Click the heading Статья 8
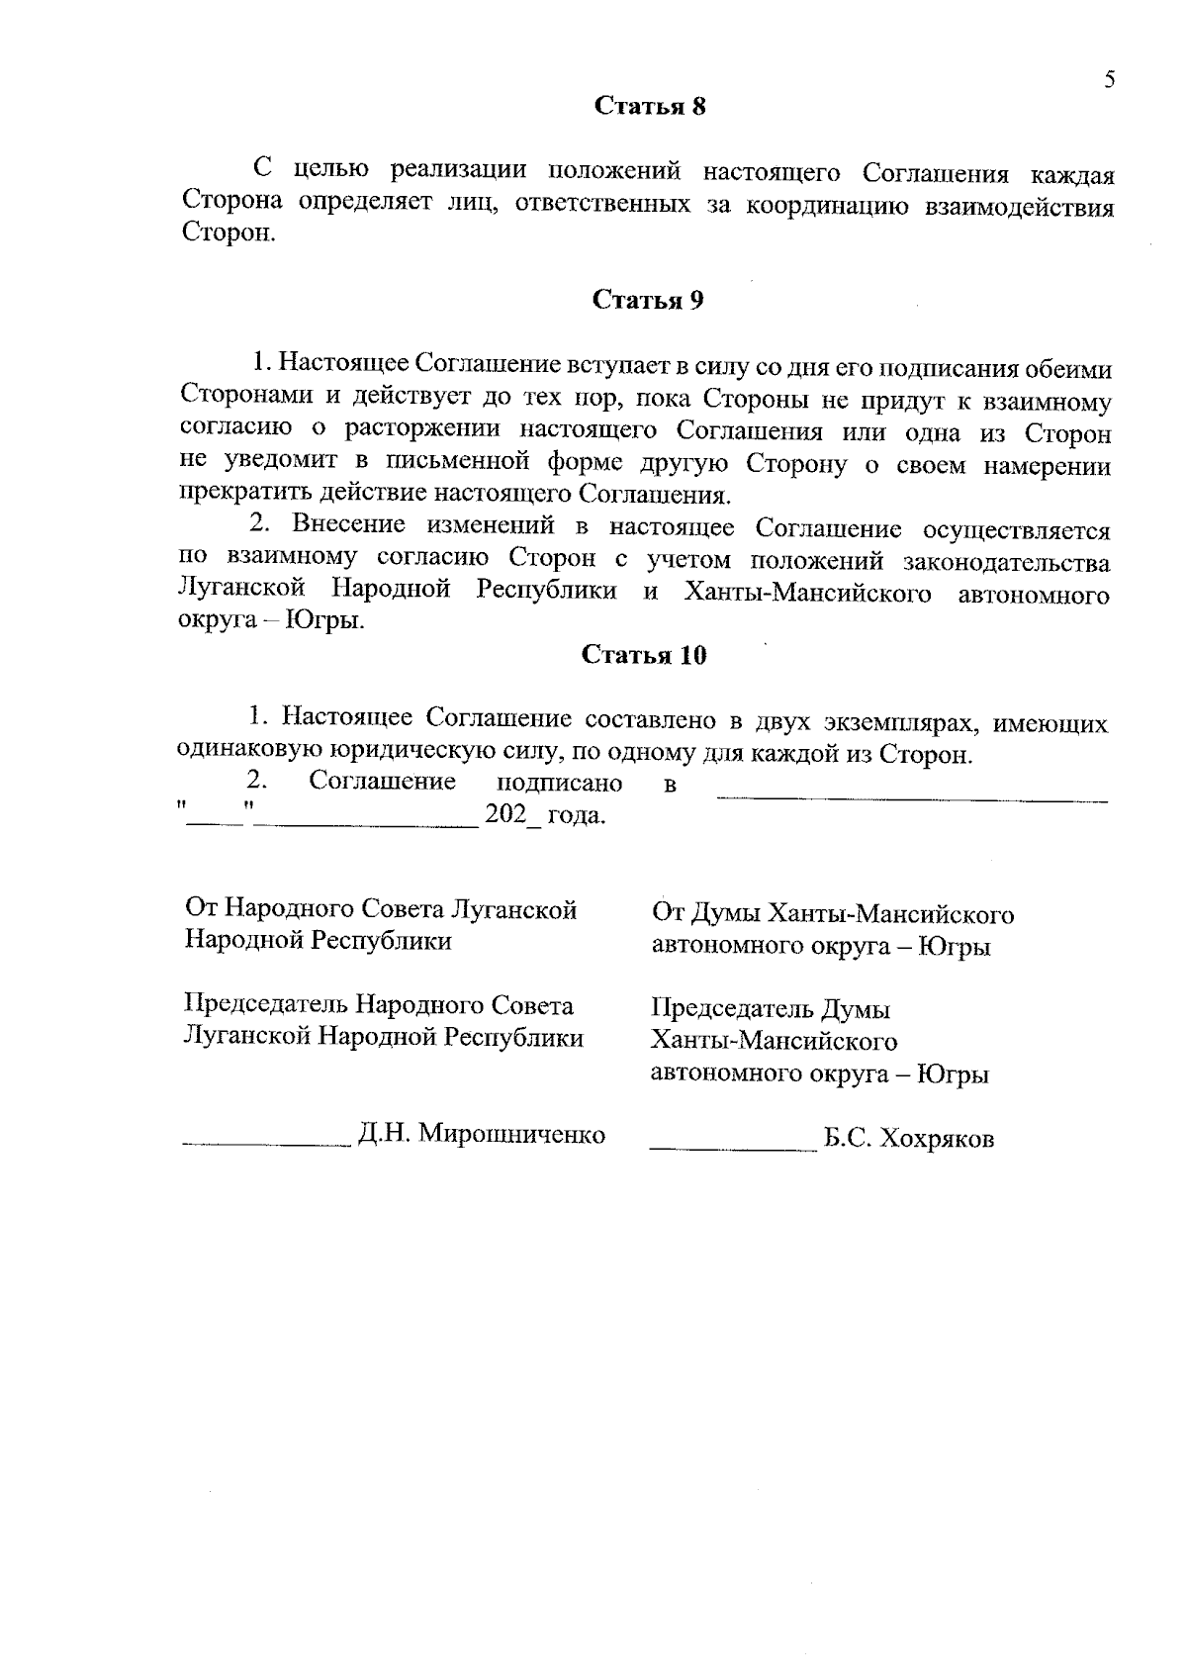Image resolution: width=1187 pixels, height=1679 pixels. (649, 107)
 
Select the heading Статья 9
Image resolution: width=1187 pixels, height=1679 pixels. (648, 300)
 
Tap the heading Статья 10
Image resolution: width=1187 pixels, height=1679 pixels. (644, 655)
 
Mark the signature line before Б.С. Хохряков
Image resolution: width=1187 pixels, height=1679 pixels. (730, 1148)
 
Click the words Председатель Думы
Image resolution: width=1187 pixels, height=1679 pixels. (771, 1010)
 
